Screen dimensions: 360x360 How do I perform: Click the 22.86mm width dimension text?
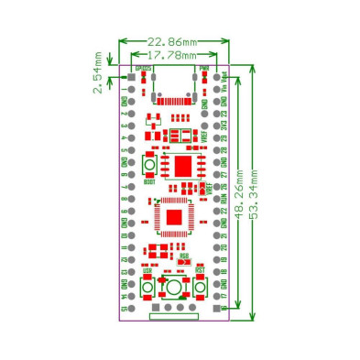[173, 42]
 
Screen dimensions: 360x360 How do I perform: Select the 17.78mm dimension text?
[174, 56]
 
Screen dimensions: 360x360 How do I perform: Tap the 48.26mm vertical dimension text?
[239, 193]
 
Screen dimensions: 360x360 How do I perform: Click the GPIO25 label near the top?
[145, 69]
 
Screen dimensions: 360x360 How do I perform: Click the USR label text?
[147, 272]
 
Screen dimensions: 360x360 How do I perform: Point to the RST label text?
[200, 272]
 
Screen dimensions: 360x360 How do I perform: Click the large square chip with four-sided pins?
[172, 216]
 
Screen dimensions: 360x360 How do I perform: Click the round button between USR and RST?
[173, 289]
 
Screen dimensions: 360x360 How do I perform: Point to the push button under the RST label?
[200, 289]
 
